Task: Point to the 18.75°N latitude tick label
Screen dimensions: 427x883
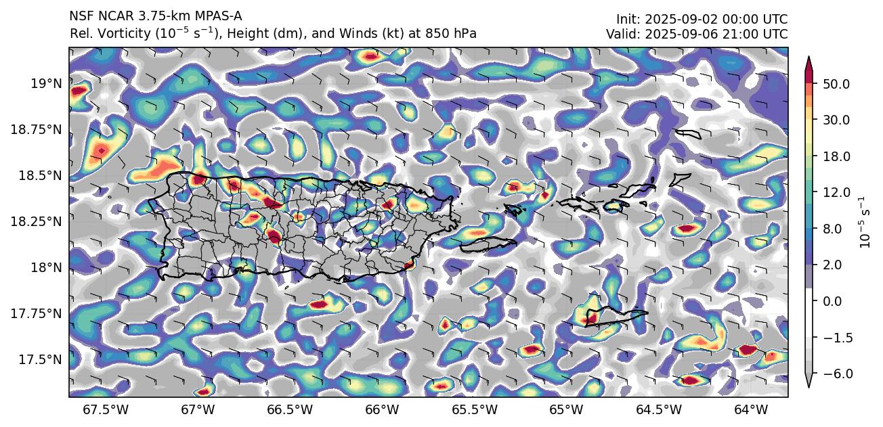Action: [x=37, y=129]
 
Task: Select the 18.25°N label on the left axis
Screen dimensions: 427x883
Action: [x=37, y=221]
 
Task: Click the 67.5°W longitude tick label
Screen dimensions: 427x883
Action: [x=108, y=409]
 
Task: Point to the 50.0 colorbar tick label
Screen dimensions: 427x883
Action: [x=836, y=84]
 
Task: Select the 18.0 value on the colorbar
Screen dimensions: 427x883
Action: [x=836, y=156]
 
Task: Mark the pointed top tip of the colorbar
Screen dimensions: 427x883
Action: [x=809, y=57]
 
